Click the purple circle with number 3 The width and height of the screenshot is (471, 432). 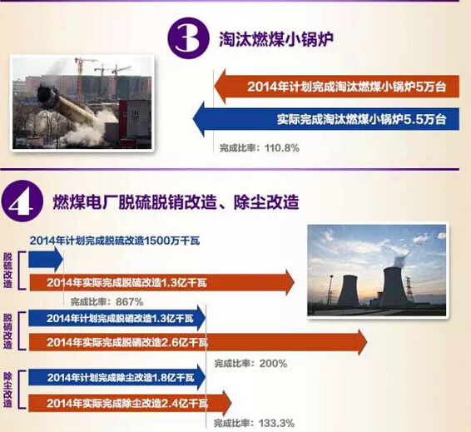coord(188,37)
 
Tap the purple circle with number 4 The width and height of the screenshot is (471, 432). coord(22,201)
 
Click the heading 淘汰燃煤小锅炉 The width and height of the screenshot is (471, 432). coord(276,39)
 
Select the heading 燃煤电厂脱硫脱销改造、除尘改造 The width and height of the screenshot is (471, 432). coord(176,201)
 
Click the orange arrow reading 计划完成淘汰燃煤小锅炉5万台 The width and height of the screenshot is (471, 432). coord(336,87)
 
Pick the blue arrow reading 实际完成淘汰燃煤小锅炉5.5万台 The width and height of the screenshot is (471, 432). coord(326,119)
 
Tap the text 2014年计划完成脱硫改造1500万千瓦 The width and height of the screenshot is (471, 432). coord(115,241)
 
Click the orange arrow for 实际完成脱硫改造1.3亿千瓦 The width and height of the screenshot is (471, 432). coord(161,283)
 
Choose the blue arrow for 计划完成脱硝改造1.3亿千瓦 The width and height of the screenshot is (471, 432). coord(117,318)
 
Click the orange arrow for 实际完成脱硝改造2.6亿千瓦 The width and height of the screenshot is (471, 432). coord(198,342)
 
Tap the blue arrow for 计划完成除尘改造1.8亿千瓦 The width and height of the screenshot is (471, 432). coord(117,377)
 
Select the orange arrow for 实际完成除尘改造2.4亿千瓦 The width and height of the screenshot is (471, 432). coord(130,403)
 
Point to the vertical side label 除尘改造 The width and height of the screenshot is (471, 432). coord(7,390)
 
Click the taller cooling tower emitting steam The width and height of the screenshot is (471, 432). coord(394,286)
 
